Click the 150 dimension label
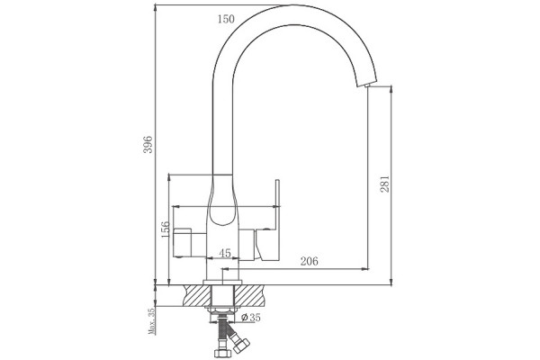pos(226,19)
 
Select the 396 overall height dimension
pos(148,145)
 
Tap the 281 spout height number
pos(384,184)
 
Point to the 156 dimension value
pos(166,229)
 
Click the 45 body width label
pos(225,253)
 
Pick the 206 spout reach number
pos(310,262)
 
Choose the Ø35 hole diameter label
pos(251,318)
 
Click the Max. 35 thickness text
pos(151,321)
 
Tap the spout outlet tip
pos(367,85)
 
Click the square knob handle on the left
pos(182,242)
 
